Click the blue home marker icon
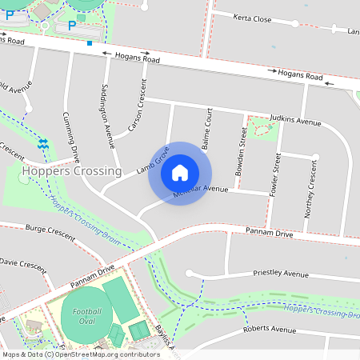click(180, 172)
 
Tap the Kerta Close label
click(253, 18)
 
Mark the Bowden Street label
click(241, 146)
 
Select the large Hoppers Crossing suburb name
click(72, 170)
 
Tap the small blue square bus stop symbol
click(90, 42)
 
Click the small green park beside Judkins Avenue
click(258, 128)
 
